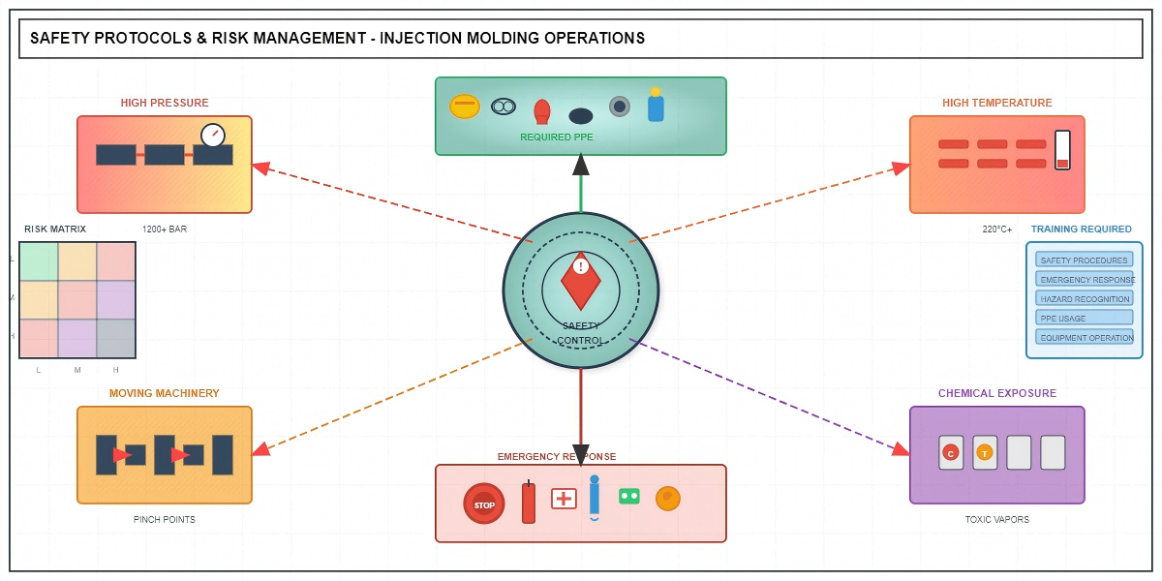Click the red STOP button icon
click(x=484, y=505)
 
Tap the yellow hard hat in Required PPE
click(x=465, y=106)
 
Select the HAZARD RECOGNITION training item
click(x=1085, y=299)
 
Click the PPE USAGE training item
click(x=1085, y=318)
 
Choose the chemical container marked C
click(x=951, y=452)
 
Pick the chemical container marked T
click(x=985, y=452)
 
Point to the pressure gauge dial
click(x=213, y=136)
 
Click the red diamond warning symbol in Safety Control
click(x=581, y=280)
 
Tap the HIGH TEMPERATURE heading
click(x=996, y=103)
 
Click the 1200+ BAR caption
click(x=165, y=229)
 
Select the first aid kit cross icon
click(x=564, y=499)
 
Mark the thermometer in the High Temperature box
click(x=1062, y=150)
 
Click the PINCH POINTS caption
click(x=165, y=520)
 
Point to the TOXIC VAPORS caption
click(x=996, y=520)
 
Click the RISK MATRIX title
click(x=55, y=229)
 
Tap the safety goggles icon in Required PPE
click(x=504, y=107)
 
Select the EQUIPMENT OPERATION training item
click(x=1085, y=337)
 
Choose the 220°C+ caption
click(x=996, y=229)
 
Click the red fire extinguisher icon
click(x=529, y=503)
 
